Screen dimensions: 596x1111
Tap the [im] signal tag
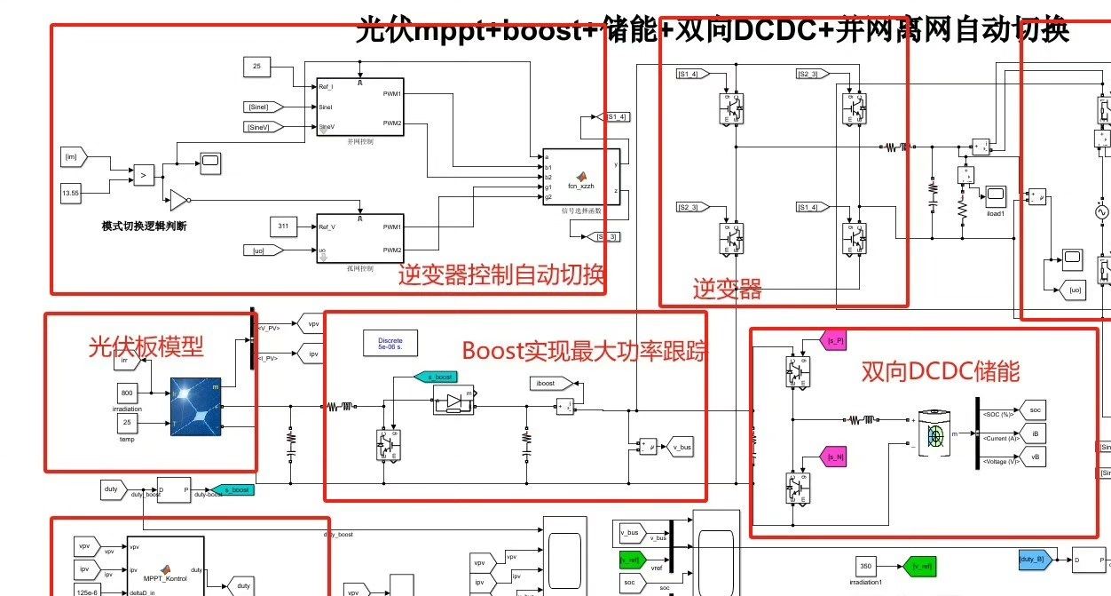pos(72,156)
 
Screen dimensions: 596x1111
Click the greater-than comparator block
pos(143,175)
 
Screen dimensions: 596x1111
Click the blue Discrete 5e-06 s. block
pos(390,343)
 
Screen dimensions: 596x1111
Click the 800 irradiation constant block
pos(128,393)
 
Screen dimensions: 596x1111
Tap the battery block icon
pos(933,434)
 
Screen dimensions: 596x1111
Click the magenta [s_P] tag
pos(835,340)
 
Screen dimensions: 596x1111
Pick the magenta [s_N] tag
pos(835,457)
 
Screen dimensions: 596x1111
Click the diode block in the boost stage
pos(453,402)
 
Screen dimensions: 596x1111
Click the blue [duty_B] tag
pos(1035,559)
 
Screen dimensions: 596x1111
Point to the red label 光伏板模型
pos(145,346)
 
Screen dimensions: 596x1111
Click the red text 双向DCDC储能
pos(941,371)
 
